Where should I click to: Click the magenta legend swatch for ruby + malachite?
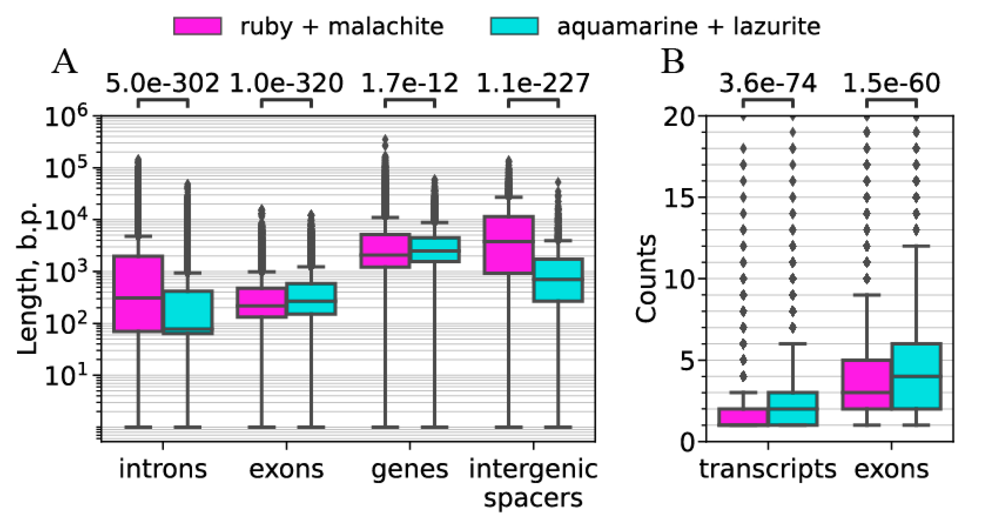coord(197,26)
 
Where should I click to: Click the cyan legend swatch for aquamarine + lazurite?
coord(514,26)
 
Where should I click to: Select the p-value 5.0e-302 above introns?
coord(162,84)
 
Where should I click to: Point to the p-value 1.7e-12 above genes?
coord(410,84)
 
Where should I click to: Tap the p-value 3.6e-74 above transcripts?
coord(767,84)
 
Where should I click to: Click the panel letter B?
coord(673,63)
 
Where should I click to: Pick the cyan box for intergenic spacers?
coord(558,280)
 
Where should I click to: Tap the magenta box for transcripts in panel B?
coord(743,417)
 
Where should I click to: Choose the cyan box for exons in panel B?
coord(916,376)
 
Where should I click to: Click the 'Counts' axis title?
coord(645,279)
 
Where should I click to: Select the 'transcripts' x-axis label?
coord(767,469)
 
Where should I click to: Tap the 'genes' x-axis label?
coord(410,469)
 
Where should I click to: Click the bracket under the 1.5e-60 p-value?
coord(891,100)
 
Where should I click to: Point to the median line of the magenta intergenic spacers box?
coord(508,242)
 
